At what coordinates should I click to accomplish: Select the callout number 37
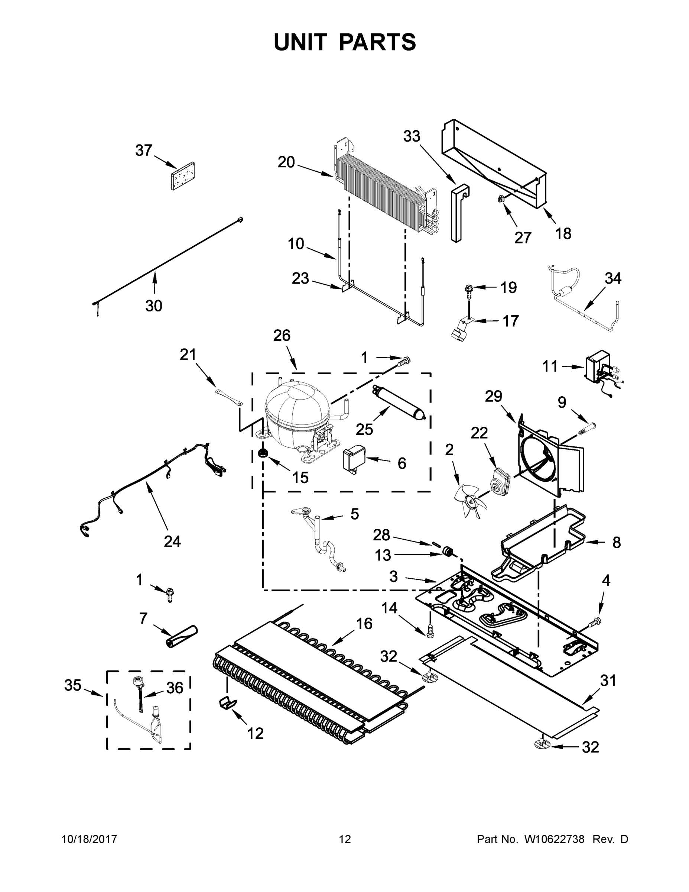click(x=144, y=151)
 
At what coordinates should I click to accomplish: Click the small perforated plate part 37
click(x=182, y=176)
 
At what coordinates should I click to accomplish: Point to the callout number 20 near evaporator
click(x=286, y=162)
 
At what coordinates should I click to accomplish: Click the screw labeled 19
click(x=467, y=290)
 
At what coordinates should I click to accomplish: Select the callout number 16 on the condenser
click(x=364, y=624)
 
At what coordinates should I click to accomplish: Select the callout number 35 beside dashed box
click(x=73, y=685)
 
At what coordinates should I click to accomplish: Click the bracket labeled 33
click(x=458, y=214)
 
